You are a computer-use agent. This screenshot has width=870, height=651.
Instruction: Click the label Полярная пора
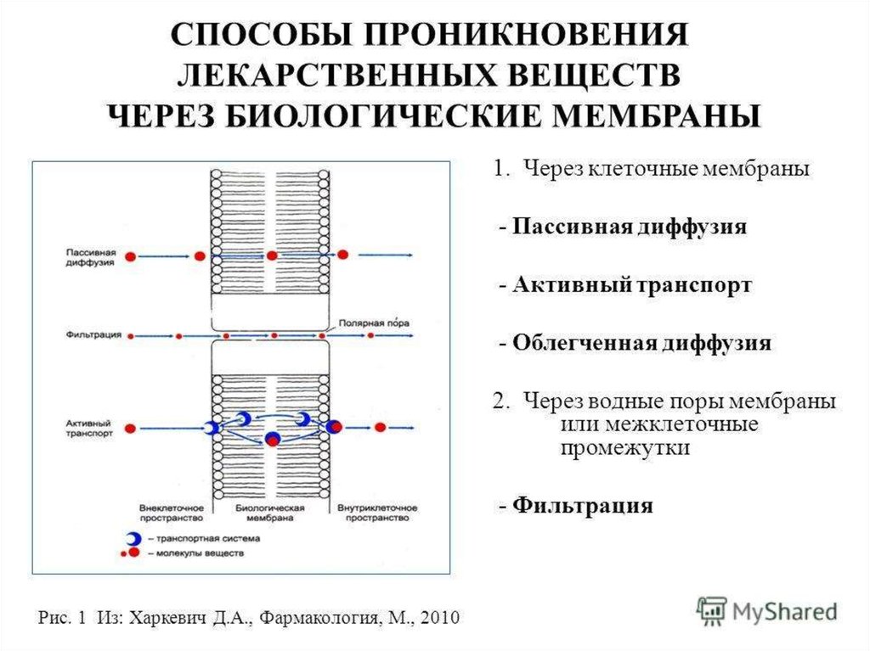pyautogui.click(x=373, y=323)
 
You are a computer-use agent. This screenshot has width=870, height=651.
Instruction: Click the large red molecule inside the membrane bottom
pyautogui.click(x=272, y=438)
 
